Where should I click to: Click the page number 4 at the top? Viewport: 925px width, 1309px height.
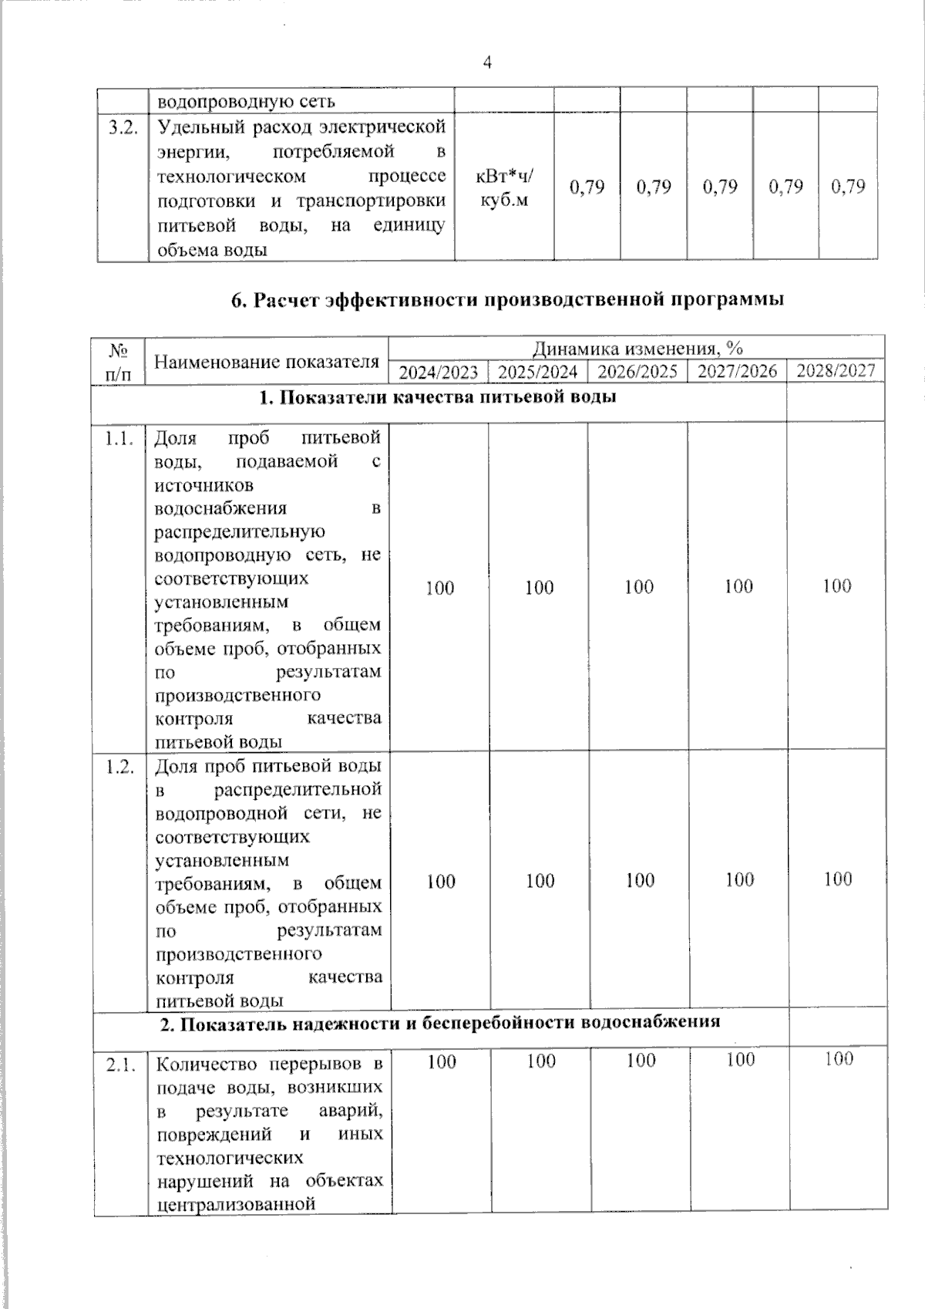point(487,63)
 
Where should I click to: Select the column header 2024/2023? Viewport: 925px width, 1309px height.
point(439,372)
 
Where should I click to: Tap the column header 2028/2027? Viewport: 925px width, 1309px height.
point(836,371)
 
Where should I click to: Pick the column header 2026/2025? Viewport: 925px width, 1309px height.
point(637,372)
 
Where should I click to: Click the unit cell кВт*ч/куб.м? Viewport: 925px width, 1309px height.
point(504,187)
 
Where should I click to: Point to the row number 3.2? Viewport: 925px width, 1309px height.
point(123,127)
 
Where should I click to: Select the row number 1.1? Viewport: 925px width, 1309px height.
point(119,439)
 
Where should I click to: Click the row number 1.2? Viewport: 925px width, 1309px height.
point(119,767)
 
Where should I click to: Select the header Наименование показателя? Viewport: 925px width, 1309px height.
point(267,361)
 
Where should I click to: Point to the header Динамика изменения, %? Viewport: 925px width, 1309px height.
point(637,349)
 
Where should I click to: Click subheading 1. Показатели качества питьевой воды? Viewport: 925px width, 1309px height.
point(437,398)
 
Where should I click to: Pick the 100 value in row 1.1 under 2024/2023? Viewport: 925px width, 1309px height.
point(439,588)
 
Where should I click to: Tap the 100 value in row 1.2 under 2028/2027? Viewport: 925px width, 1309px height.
point(837,879)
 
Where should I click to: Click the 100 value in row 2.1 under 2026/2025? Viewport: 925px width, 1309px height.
point(641,1061)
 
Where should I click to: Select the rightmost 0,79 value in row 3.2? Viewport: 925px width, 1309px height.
point(848,187)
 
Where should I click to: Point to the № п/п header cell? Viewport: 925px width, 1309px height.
point(118,361)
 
